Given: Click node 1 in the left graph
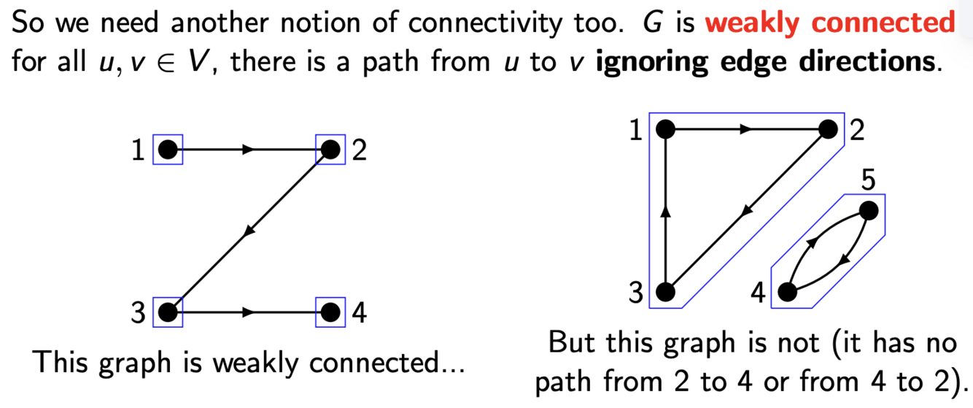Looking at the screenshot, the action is click(168, 150).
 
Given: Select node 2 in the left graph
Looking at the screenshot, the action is click(330, 150).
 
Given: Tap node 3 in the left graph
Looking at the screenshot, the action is click(168, 312).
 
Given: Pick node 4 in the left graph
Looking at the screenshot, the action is click(330, 312).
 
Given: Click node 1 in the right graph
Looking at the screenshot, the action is click(664, 130).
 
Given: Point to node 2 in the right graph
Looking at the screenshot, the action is click(828, 130).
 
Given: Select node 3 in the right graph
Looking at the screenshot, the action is click(664, 293).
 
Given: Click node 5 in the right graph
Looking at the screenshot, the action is click(868, 211).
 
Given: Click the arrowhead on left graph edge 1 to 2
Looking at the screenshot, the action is click(249, 150).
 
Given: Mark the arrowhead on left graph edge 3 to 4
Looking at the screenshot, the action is click(249, 312).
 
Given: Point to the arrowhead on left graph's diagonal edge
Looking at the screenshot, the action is click(249, 231).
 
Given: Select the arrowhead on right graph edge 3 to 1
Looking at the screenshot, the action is click(664, 211).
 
